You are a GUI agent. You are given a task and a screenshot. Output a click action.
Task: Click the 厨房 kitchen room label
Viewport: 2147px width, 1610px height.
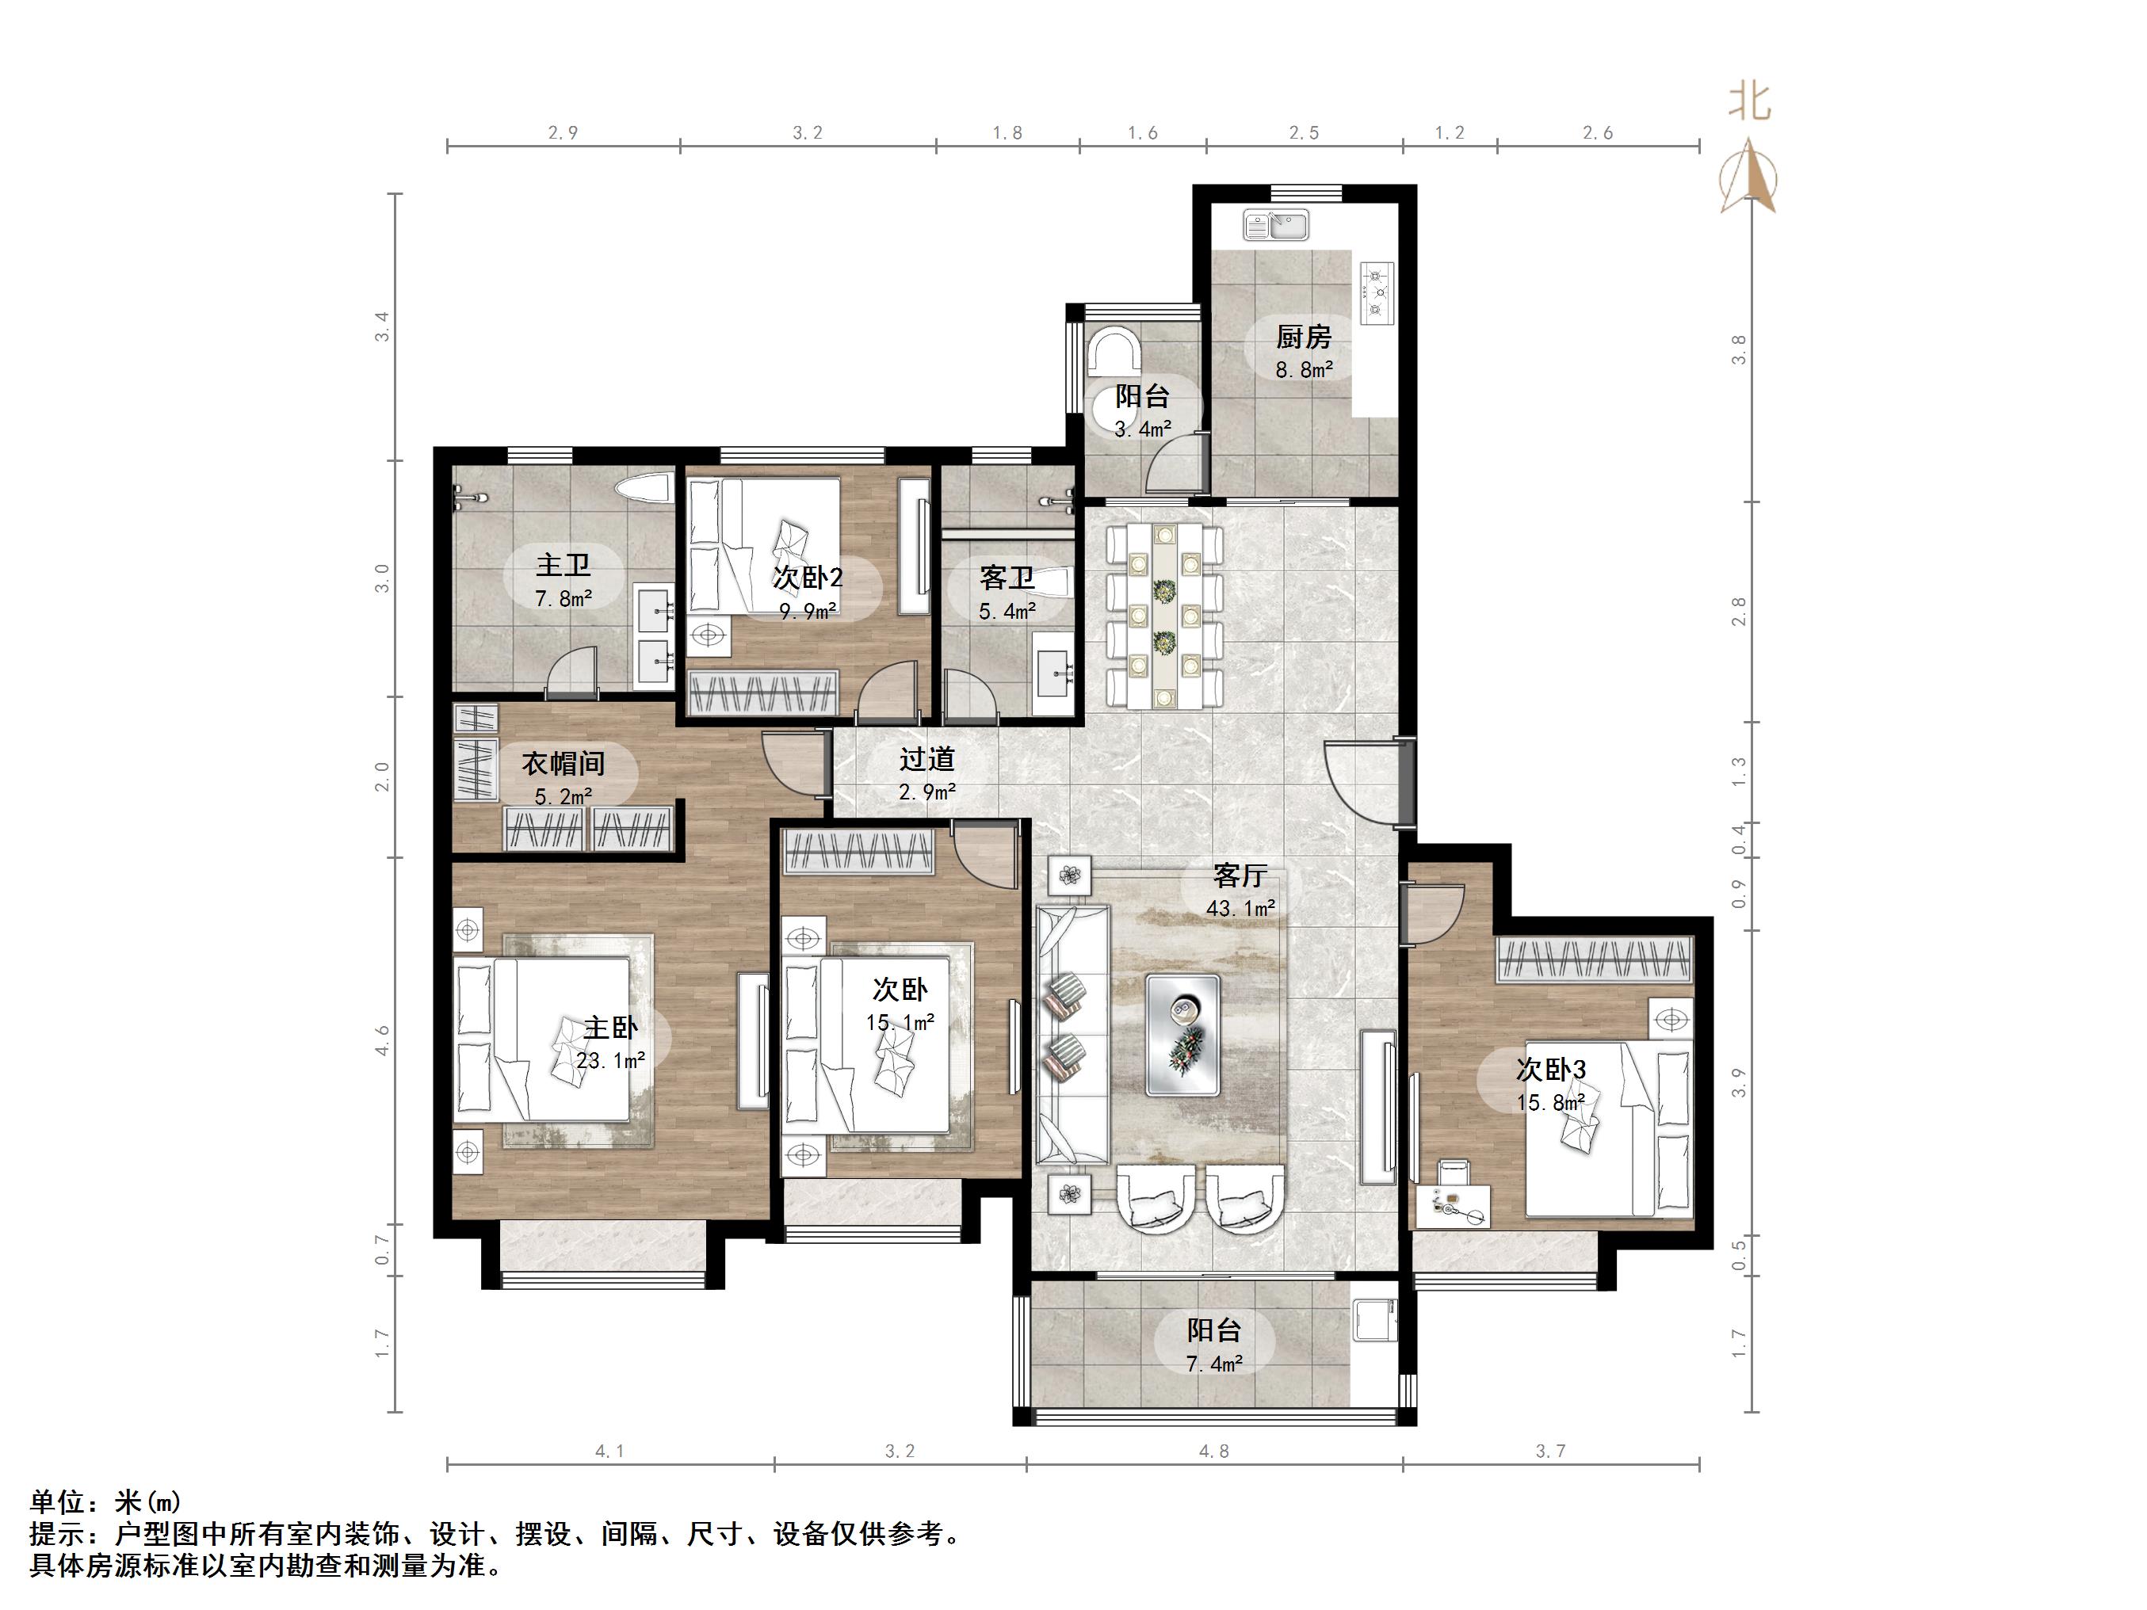[x=1304, y=337]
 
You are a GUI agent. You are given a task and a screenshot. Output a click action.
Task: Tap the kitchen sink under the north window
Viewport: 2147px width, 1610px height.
[x=1276, y=225]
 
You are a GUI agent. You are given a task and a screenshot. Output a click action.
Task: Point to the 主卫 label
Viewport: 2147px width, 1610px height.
[x=563, y=565]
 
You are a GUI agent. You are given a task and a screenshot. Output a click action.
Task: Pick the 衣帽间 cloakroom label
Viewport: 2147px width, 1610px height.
[x=563, y=764]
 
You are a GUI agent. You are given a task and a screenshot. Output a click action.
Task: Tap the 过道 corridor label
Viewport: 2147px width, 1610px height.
[x=927, y=759]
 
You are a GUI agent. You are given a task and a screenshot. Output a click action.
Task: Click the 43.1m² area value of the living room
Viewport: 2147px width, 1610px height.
[x=1240, y=908]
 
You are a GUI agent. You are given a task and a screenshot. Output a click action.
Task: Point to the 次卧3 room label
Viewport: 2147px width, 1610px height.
[x=1550, y=1070]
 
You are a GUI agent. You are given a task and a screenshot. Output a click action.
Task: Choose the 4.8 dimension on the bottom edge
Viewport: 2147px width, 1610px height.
[x=1214, y=1451]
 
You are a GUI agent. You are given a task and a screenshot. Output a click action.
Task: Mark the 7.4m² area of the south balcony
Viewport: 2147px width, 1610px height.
[x=1214, y=1364]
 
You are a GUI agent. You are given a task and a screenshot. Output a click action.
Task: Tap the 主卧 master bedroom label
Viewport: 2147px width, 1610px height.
[x=609, y=1027]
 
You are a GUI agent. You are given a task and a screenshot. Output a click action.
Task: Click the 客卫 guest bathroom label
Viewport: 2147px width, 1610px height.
[x=1007, y=578]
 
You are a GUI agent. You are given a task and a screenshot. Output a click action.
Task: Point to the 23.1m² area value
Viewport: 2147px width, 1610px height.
[x=610, y=1061]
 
